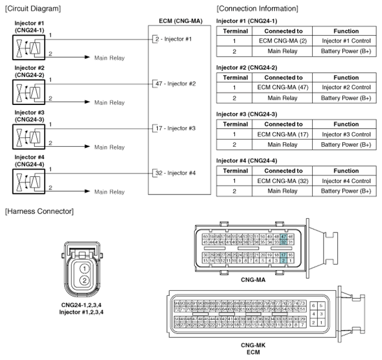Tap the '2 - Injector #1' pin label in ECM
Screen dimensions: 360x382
[x=173, y=39]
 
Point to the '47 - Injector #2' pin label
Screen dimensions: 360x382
[x=174, y=83]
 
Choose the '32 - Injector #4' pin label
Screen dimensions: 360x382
[x=174, y=172]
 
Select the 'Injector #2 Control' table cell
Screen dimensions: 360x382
[x=346, y=87]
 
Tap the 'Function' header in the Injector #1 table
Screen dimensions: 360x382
[x=346, y=31]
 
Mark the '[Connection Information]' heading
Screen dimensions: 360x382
[x=257, y=8]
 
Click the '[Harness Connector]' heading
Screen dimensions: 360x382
[x=39, y=211]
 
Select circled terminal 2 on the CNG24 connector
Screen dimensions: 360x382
[x=83, y=281]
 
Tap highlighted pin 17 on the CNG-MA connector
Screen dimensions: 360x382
[x=283, y=256]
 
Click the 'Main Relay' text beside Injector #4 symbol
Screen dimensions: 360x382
[x=109, y=192]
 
